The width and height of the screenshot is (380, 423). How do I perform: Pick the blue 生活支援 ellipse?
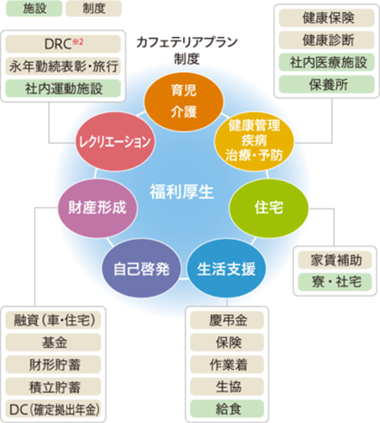(x=226, y=268)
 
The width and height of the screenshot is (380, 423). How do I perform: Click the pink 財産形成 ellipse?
(x=98, y=207)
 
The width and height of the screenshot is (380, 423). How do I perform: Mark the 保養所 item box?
(x=324, y=83)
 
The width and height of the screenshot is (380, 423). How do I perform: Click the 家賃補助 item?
(x=336, y=260)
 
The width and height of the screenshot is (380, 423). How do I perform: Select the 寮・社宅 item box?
(x=336, y=282)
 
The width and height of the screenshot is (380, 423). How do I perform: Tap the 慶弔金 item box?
(x=227, y=320)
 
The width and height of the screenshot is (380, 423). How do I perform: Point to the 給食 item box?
(x=227, y=407)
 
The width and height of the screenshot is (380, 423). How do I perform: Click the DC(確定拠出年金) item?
(x=53, y=407)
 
